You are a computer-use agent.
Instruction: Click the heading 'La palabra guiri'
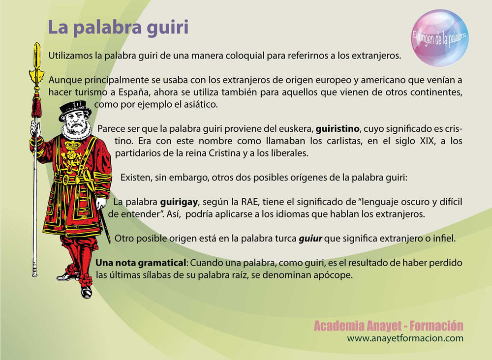[x=118, y=28]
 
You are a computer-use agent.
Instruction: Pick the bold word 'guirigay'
[x=178, y=202]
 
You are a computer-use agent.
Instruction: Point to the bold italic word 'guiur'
[x=310, y=239]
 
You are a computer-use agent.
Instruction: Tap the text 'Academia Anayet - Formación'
[x=388, y=326]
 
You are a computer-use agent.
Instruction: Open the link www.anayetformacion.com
[x=405, y=338]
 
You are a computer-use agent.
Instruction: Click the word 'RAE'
[x=242, y=202]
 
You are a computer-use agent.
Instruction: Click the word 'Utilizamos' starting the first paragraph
[x=71, y=56]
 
